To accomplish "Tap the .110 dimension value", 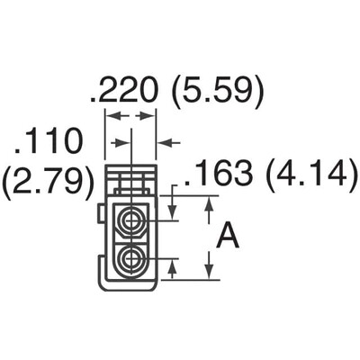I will (49, 140).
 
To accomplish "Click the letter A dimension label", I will (230, 238).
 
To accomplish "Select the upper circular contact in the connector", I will (132, 218).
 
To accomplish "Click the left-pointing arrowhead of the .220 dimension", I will (112, 116).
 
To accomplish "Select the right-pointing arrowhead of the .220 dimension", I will (151, 116).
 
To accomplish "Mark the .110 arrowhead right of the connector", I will (165, 141).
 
